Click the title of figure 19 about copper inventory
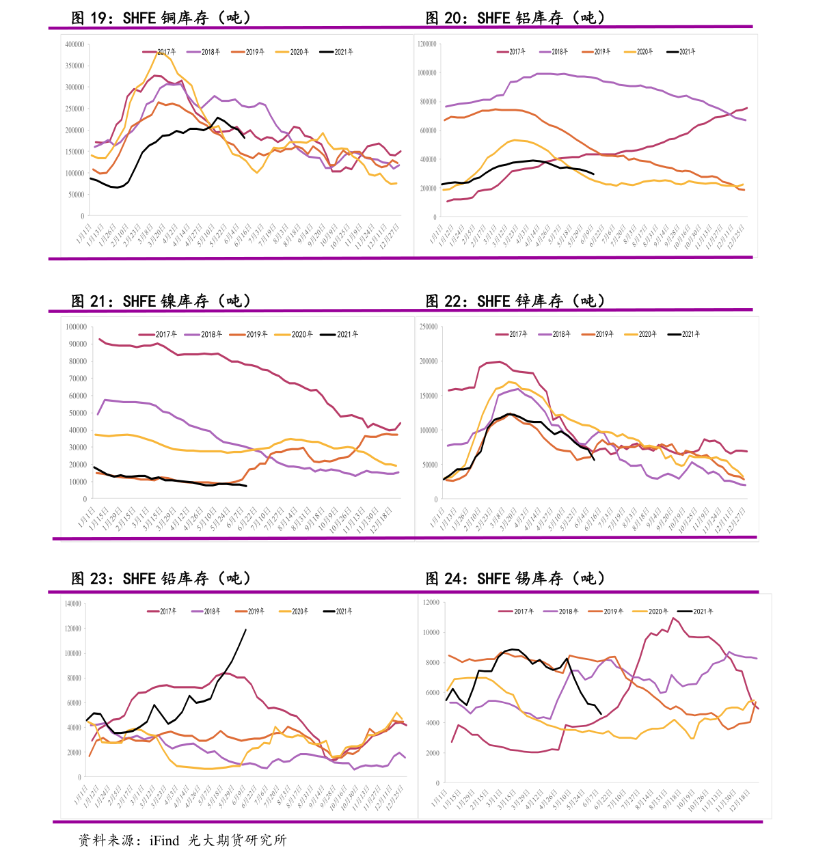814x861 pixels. tap(161, 18)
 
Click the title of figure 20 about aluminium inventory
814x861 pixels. tap(515, 18)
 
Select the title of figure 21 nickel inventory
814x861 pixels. tap(161, 301)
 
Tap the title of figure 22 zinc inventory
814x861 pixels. tap(515, 301)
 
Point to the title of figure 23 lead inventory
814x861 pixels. tap(161, 578)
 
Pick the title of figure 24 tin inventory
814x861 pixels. tap(515, 578)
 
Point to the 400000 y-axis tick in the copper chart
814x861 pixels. tap(74, 44)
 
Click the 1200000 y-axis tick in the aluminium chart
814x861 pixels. tap(427, 44)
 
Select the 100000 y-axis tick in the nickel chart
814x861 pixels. tap(76, 327)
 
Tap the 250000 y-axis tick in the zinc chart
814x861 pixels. tap(429, 327)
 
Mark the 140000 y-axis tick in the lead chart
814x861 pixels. tap(73, 604)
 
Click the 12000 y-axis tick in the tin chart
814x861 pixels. tap(431, 603)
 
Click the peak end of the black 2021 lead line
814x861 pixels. tap(246, 629)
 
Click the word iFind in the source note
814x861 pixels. tap(164, 840)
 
